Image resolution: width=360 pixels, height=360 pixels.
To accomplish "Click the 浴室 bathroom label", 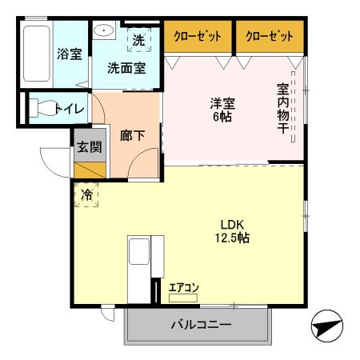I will click(69, 54).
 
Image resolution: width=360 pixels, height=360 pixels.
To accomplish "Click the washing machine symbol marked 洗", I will click(138, 39).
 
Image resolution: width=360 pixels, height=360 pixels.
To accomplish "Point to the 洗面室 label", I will click(127, 68).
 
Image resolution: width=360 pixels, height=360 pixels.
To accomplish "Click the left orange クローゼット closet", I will click(198, 35).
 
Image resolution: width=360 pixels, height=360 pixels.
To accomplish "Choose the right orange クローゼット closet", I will click(270, 35).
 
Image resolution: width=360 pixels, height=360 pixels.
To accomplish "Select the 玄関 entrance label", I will click(89, 146).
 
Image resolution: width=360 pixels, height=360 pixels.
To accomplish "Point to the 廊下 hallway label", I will click(132, 135).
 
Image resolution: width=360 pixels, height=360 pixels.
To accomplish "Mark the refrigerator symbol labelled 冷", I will click(86, 194).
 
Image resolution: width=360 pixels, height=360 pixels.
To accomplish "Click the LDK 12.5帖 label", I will click(232, 230).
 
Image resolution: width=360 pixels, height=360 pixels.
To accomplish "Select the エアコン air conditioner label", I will click(184, 289).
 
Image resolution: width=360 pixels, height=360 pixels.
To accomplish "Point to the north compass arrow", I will click(327, 326).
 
